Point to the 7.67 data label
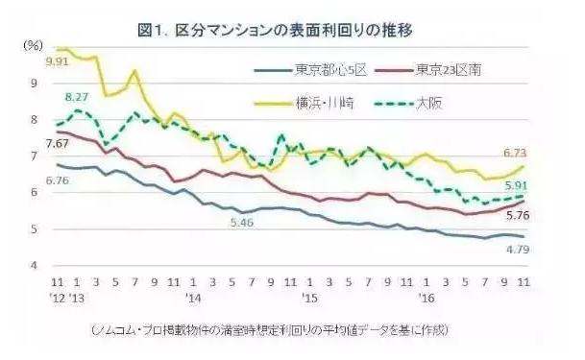32,143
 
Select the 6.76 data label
32,180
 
